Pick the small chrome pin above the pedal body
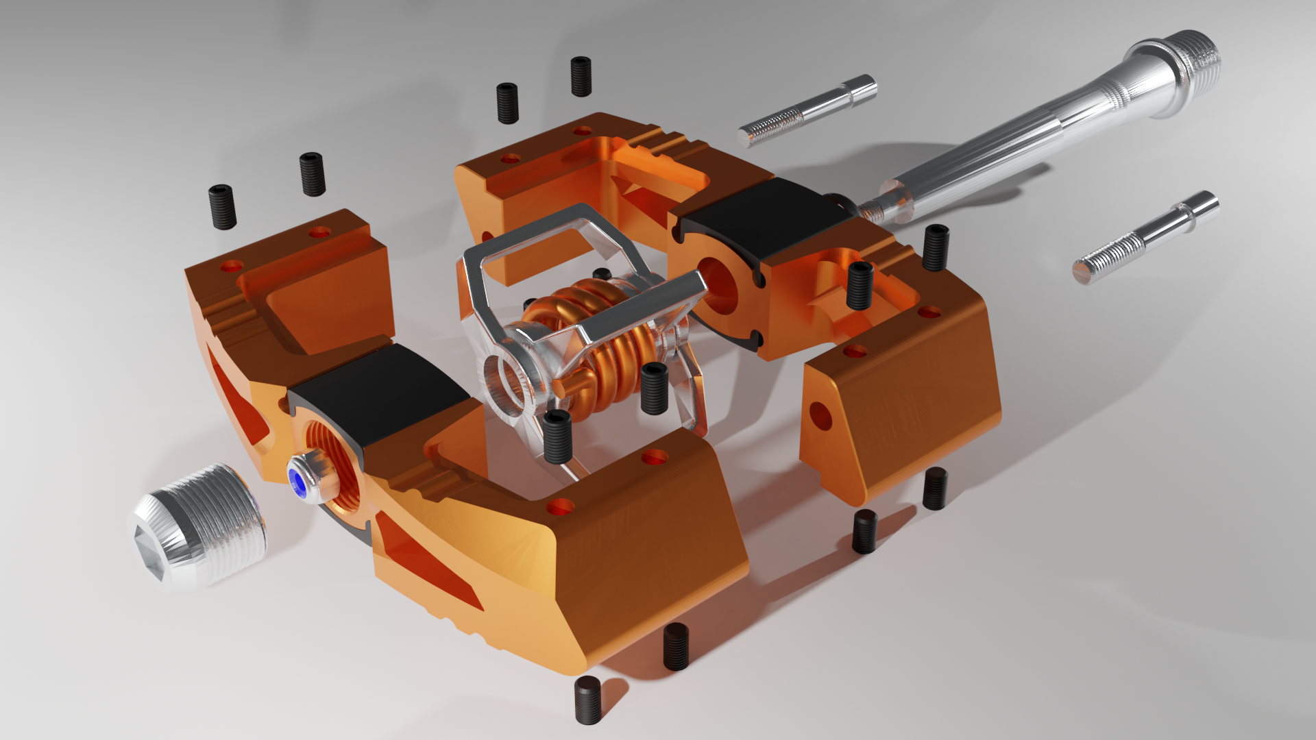tap(809, 110)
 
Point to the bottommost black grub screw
tap(587, 700)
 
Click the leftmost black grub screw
tap(222, 206)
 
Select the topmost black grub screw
tap(581, 76)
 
